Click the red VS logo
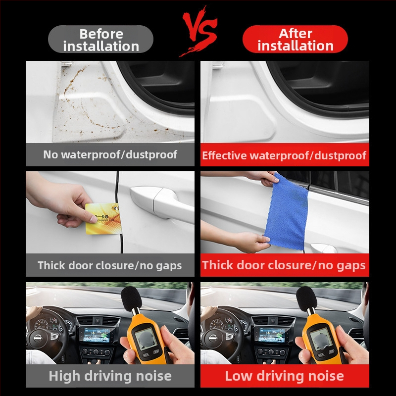click(x=199, y=30)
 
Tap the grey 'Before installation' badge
click(x=101, y=39)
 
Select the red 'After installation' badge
click(x=295, y=39)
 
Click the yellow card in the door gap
click(x=103, y=219)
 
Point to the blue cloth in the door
click(x=287, y=212)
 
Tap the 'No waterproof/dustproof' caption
click(x=110, y=154)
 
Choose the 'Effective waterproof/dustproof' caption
click(x=284, y=155)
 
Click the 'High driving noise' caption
click(x=110, y=376)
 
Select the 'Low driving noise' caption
click(x=285, y=376)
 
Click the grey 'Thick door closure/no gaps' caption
click(x=110, y=265)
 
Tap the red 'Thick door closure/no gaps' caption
click(x=284, y=265)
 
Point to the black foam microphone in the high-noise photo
click(x=131, y=299)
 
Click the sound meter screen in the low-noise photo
click(x=321, y=339)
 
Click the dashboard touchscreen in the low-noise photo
click(x=271, y=335)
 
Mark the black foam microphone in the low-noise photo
click(x=306, y=299)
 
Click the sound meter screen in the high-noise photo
click(x=146, y=339)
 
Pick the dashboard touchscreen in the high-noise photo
click(x=97, y=335)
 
